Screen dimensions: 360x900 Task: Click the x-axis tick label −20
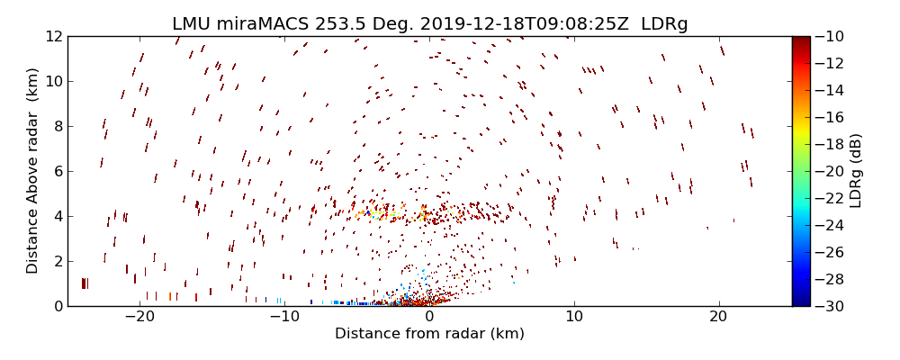139,318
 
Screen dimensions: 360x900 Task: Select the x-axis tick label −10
284,318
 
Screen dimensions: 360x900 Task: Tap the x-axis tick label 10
574,318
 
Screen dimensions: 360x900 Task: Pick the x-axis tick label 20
718,318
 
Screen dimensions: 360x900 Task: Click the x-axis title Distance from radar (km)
429,334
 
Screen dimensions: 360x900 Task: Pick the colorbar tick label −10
830,36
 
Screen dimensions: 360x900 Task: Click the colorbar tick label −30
830,306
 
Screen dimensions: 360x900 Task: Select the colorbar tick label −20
830,171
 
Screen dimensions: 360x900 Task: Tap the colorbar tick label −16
830,117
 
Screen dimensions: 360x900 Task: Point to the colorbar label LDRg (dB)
856,170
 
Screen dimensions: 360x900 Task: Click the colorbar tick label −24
830,225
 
